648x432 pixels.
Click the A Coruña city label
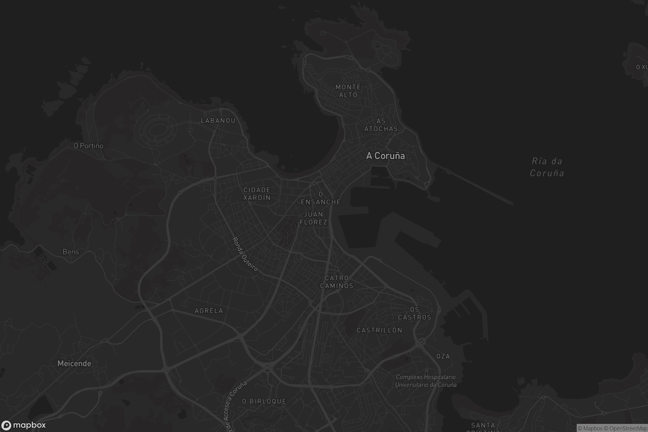click(386, 156)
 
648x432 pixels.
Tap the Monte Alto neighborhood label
click(348, 91)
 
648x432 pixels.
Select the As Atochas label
click(381, 125)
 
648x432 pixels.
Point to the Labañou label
click(218, 121)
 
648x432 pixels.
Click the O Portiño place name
click(89, 146)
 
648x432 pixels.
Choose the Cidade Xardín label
click(257, 194)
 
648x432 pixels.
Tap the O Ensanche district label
click(321, 198)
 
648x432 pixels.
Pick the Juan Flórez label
click(313, 218)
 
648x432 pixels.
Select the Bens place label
click(71, 252)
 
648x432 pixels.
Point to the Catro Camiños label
click(337, 282)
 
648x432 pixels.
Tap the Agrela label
click(209, 311)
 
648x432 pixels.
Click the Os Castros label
click(415, 313)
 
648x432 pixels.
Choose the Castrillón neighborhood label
click(379, 330)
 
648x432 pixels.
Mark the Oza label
click(443, 356)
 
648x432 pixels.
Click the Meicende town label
click(75, 364)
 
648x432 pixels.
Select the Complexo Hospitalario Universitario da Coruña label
click(426, 381)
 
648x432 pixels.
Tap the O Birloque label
click(264, 401)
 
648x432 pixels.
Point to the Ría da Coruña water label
click(547, 167)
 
